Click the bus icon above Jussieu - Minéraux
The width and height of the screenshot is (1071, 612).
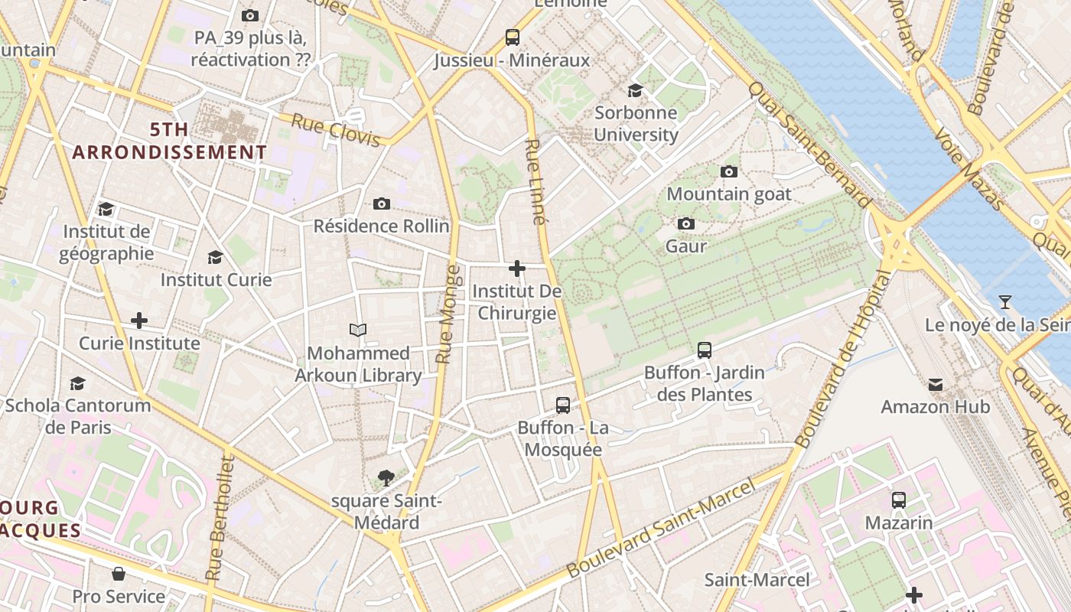tap(512, 37)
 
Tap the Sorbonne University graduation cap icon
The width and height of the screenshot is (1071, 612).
tap(635, 90)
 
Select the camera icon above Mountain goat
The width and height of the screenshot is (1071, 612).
tap(728, 171)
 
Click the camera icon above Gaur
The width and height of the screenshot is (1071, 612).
tap(686, 223)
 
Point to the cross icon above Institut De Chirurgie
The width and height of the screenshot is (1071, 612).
tap(517, 269)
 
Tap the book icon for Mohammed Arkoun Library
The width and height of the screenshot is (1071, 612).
tap(358, 330)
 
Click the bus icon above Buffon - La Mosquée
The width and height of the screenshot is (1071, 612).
tap(563, 405)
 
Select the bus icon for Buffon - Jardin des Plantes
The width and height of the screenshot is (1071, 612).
tap(705, 350)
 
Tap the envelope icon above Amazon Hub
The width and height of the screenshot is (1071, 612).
tap(936, 384)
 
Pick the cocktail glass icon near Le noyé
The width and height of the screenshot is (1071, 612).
tap(1005, 302)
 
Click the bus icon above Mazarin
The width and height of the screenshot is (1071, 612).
tap(899, 500)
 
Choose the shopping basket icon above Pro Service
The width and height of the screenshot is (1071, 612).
tap(119, 573)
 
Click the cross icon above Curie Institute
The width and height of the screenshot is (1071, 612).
tap(139, 320)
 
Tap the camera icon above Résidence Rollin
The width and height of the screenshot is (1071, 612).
tap(382, 203)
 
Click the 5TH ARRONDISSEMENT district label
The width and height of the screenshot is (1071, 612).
tap(170, 142)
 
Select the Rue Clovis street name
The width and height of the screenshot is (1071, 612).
tap(336, 130)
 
